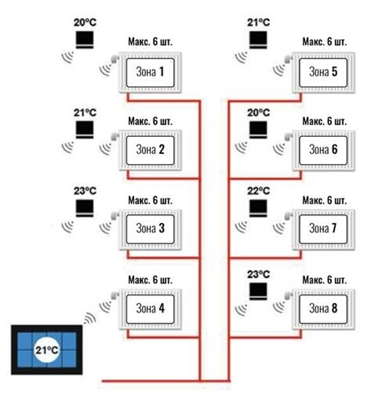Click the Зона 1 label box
click(150, 72)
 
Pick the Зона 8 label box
click(323, 308)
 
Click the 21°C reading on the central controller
click(47, 350)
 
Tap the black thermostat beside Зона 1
click(85, 40)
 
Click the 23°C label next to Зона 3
click(85, 191)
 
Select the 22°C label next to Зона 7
click(259, 191)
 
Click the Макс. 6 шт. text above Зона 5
click(324, 41)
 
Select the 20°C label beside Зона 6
click(259, 112)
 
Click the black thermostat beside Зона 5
click(258, 40)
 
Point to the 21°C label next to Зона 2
click(85, 113)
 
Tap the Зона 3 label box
click(150, 228)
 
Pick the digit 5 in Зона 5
click(334, 72)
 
